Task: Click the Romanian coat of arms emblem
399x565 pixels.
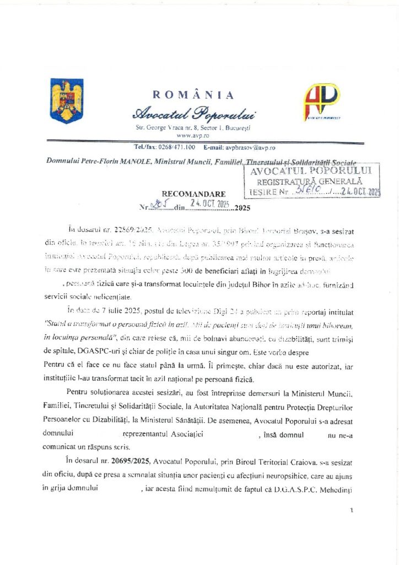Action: pos(67,101)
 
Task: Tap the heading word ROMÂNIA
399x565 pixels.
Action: pos(193,95)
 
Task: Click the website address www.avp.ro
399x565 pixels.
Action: pos(193,135)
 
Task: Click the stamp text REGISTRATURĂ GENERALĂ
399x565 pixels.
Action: pos(312,181)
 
